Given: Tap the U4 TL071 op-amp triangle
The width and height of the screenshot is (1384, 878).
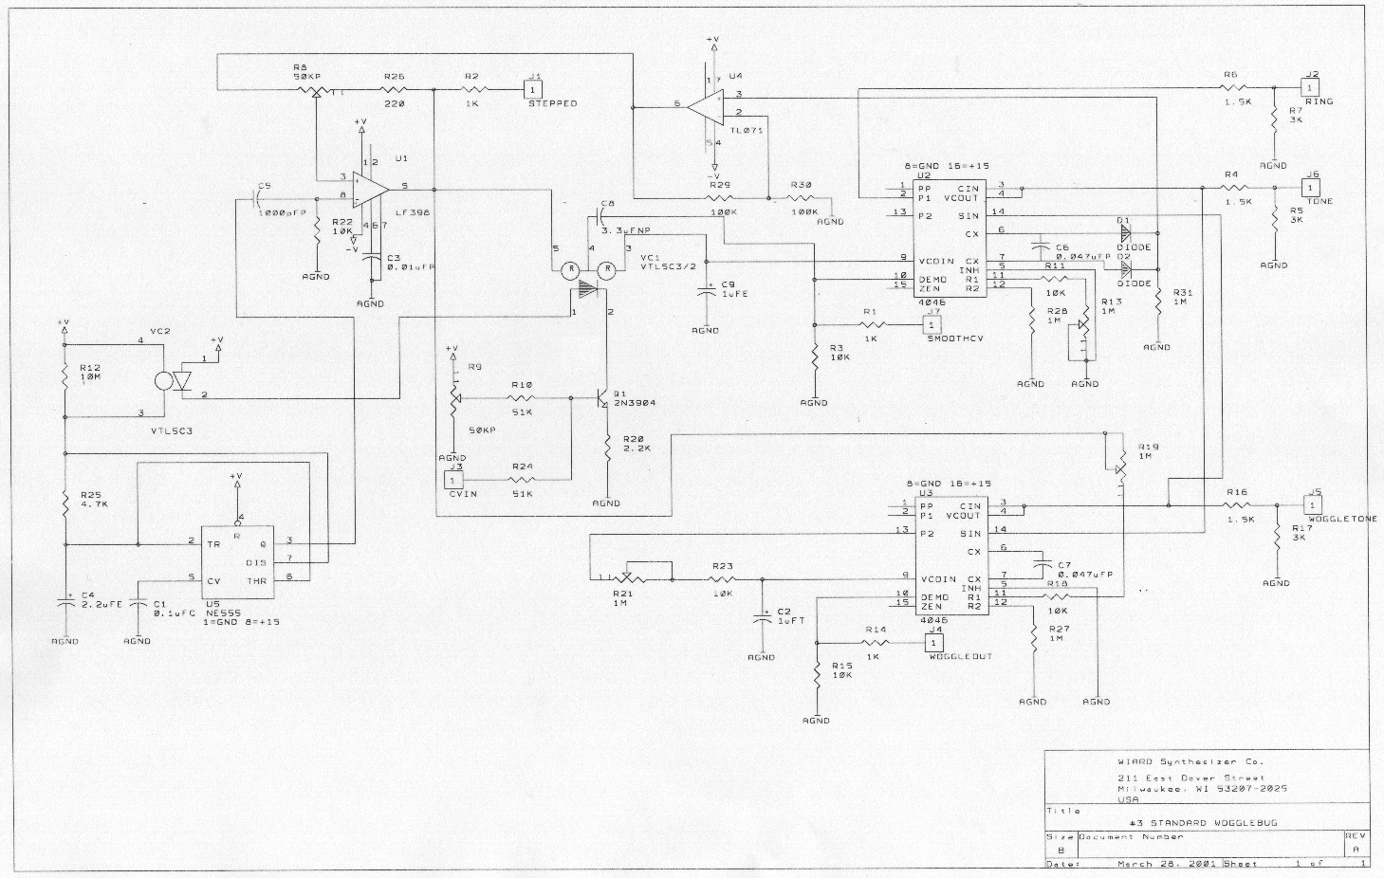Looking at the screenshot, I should pyautogui.click(x=707, y=104).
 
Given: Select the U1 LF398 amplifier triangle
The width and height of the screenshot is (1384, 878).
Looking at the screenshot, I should pyautogui.click(x=369, y=188).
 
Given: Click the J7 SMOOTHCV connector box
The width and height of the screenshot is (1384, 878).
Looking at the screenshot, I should pyautogui.click(x=933, y=325).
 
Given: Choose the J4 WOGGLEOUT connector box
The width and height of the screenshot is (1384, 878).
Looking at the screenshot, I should pyautogui.click(x=935, y=644).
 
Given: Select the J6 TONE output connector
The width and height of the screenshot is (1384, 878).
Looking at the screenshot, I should pyautogui.click(x=1312, y=188).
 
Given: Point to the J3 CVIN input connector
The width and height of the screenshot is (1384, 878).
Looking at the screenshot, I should pyautogui.click(x=453, y=480).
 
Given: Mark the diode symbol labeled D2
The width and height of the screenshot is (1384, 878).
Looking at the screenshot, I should pyautogui.click(x=1126, y=267).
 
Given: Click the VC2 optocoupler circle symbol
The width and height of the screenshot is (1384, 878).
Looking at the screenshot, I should pyautogui.click(x=164, y=381).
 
